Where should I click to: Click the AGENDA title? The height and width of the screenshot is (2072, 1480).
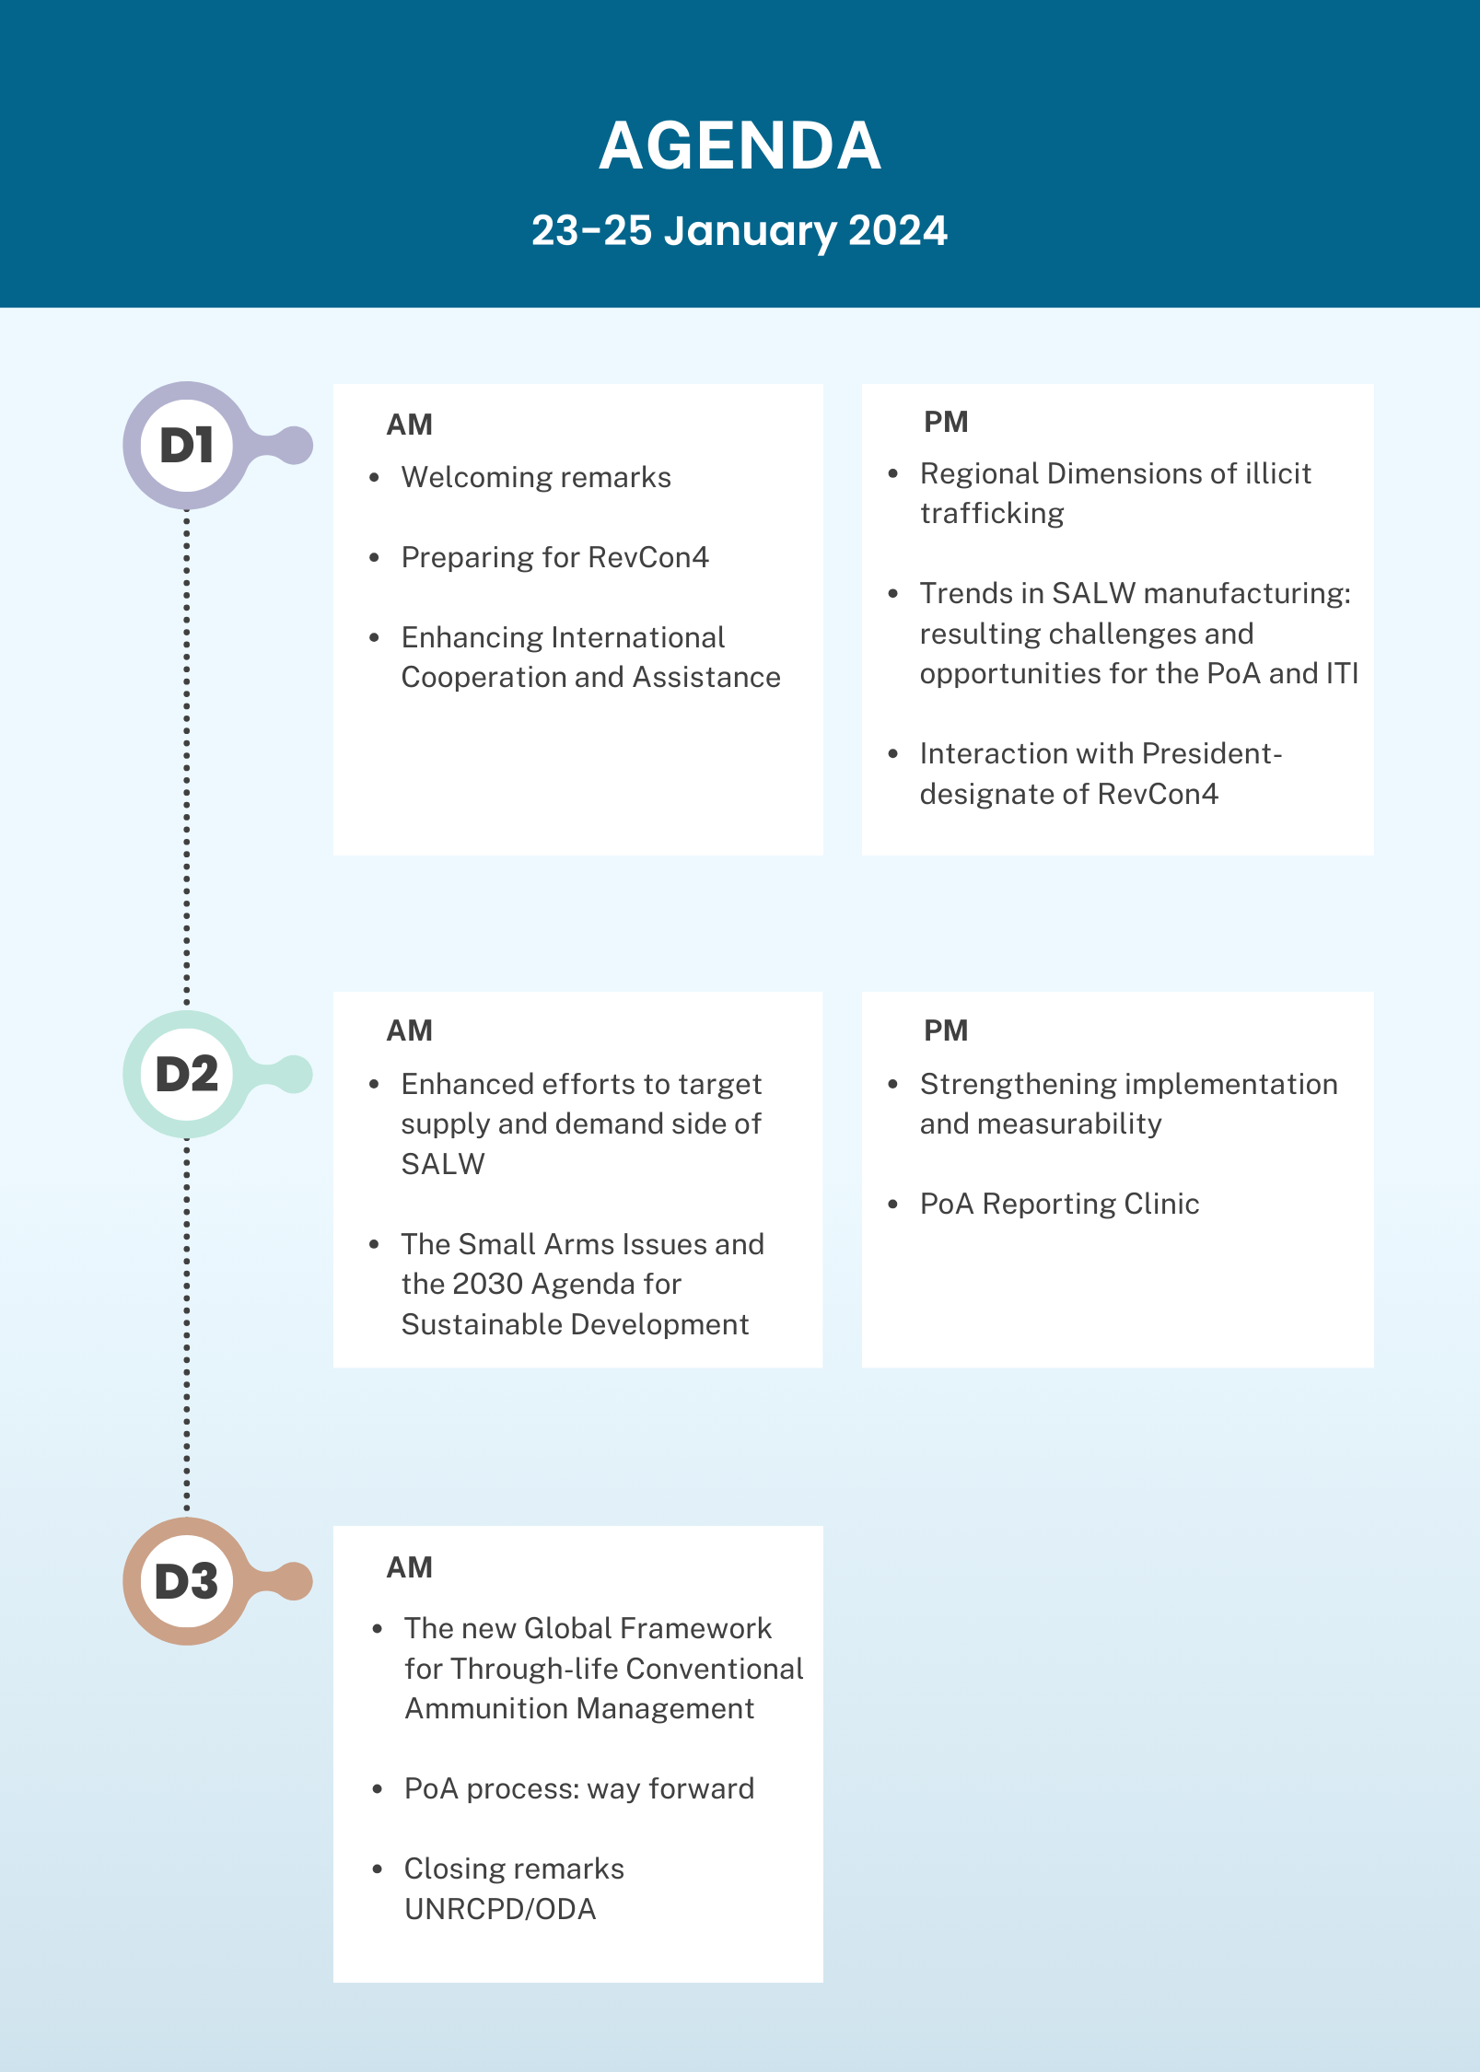[740, 146]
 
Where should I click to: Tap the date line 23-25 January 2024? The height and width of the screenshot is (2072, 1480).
[740, 230]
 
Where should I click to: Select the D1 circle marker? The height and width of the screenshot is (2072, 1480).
[187, 446]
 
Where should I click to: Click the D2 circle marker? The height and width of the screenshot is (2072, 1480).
[187, 1074]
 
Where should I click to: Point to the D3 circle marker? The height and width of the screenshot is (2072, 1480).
[187, 1581]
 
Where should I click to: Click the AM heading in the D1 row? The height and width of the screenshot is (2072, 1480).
[410, 425]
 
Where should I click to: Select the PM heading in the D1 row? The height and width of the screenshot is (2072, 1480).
[946, 422]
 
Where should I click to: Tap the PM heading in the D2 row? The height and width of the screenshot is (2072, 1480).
[946, 1030]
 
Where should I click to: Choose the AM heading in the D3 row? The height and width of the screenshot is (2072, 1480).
[410, 1567]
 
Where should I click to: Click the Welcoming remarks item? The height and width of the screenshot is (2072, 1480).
[536, 477]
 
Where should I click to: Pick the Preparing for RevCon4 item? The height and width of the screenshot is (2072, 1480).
[555, 557]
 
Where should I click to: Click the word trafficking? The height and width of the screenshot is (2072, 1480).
[992, 513]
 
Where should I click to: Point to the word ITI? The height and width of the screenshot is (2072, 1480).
[1343, 673]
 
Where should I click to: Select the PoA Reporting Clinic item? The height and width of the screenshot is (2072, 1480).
[1060, 1204]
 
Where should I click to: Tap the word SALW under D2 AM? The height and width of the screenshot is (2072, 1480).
[443, 1164]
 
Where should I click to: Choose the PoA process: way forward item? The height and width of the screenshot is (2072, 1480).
[579, 1788]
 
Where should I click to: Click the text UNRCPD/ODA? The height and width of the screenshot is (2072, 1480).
[500, 1909]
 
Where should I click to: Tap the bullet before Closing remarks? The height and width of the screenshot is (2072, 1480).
[377, 1868]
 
